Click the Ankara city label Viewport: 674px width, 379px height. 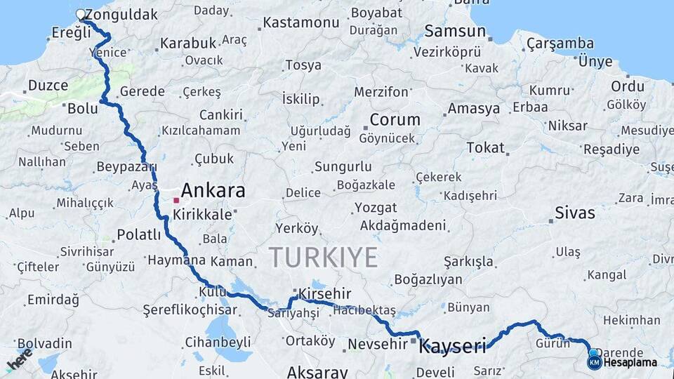pyautogui.click(x=213, y=190)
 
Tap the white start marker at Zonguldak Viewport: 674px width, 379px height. pyautogui.click(x=81, y=15)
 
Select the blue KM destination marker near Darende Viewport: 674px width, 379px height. pyautogui.click(x=594, y=362)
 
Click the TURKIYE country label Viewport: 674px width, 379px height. pyautogui.click(x=323, y=258)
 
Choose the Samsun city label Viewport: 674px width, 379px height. pyautogui.click(x=456, y=31)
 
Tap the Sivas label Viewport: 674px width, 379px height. pyautogui.click(x=574, y=213)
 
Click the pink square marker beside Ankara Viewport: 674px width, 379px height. pyautogui.click(x=176, y=200)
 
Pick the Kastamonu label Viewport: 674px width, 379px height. pyautogui.click(x=301, y=22)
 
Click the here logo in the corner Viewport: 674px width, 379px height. pyautogui.click(x=19, y=359)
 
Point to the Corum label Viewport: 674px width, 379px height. pyautogui.click(x=395, y=119)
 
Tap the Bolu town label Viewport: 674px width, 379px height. pyautogui.click(x=82, y=109)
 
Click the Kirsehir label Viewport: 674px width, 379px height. pyautogui.click(x=324, y=293)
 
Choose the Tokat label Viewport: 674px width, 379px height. pyautogui.click(x=485, y=147)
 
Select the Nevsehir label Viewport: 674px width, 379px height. pyautogui.click(x=377, y=343)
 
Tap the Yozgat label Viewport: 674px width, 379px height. pyautogui.click(x=375, y=208)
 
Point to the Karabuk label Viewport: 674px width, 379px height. pyautogui.click(x=188, y=43)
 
